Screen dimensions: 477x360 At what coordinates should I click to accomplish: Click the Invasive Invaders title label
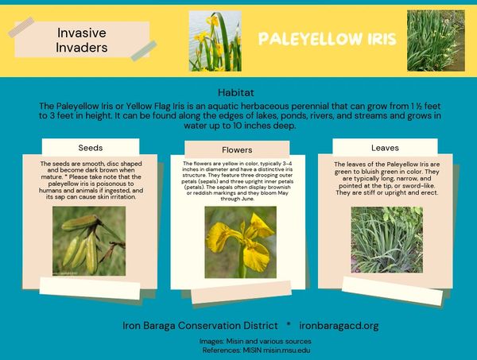82,41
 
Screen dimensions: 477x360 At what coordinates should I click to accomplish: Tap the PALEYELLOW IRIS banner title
328,39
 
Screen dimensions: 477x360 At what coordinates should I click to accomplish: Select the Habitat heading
236,92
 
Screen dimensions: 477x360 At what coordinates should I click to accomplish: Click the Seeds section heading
91,148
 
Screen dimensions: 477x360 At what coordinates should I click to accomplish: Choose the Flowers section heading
237,150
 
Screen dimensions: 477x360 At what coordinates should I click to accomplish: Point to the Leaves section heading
385,148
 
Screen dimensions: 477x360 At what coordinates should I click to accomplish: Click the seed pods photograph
89,241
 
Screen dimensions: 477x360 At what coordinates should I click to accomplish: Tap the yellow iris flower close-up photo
240,242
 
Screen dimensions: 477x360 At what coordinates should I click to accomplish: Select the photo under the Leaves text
386,239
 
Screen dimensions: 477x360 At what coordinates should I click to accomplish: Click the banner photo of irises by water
215,41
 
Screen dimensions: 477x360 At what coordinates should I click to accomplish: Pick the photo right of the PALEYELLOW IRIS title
436,41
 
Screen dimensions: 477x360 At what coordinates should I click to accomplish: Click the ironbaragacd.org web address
339,326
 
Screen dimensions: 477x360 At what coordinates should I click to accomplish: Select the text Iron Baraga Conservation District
200,326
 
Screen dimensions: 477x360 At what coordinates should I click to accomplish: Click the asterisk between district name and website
289,324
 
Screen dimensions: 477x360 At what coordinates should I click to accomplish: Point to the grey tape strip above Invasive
21,27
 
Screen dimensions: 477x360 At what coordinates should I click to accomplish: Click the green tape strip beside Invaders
144,51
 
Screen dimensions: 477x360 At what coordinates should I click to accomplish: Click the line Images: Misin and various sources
255,342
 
